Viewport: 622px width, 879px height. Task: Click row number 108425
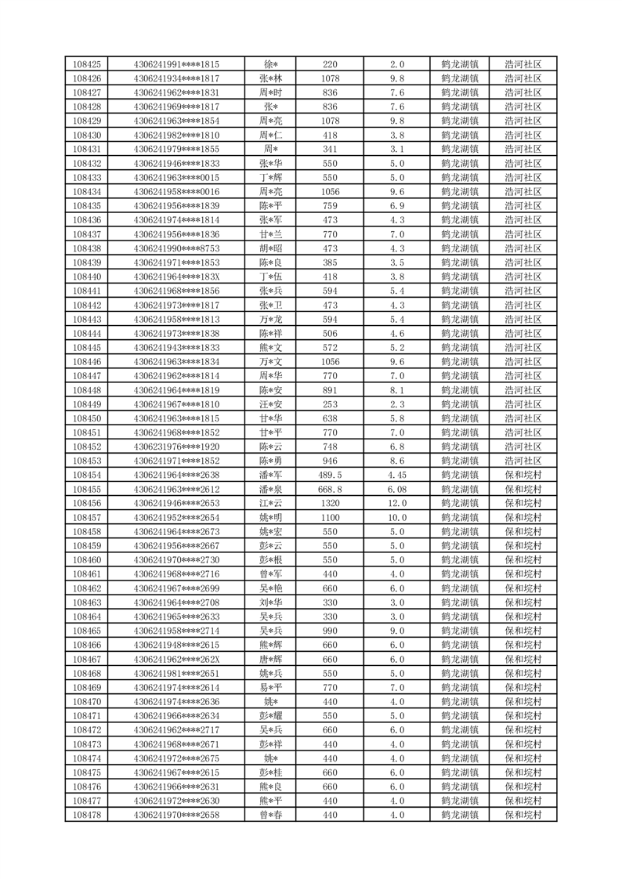[x=86, y=64]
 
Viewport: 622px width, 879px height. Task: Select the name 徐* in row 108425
[x=270, y=64]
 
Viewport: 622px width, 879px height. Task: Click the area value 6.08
[x=397, y=489]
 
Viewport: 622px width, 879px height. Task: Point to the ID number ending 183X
[x=176, y=277]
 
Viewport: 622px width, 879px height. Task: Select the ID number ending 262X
[x=176, y=660]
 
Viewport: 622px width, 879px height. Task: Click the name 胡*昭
[x=270, y=248]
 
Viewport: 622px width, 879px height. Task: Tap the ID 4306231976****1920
[x=176, y=447]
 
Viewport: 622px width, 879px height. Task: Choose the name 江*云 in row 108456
[x=270, y=503]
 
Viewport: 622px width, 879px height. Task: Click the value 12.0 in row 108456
[x=397, y=503]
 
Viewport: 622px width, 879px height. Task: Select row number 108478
[x=86, y=816]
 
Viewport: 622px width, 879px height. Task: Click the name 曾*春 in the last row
[x=270, y=816]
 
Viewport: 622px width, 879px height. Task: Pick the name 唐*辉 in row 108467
[x=270, y=660]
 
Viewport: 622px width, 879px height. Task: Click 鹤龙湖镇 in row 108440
[x=460, y=277]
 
